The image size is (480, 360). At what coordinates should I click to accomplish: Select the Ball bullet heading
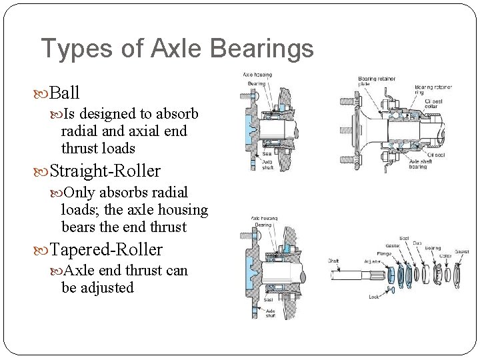[x=65, y=93]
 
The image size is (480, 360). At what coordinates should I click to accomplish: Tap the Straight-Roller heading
[x=105, y=171]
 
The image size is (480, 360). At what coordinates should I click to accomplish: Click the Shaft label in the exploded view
[x=333, y=261]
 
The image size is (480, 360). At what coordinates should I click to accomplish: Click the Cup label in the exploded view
[x=417, y=243]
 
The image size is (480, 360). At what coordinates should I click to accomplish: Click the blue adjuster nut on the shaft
[x=391, y=275]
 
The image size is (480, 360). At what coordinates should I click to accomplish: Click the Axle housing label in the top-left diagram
[x=257, y=75]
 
